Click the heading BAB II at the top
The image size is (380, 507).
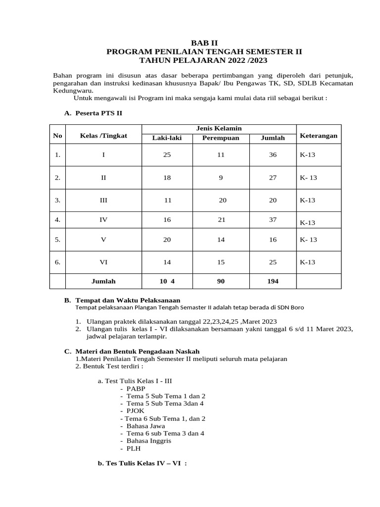click(x=204, y=43)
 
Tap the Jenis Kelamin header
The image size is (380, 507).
click(x=219, y=129)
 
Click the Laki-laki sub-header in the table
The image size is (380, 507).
click(x=167, y=138)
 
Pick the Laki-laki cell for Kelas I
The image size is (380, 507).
click(x=167, y=155)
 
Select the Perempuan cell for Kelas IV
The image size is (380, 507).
click(x=221, y=220)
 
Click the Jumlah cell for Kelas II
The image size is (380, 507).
click(x=273, y=178)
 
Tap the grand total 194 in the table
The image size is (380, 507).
click(x=273, y=281)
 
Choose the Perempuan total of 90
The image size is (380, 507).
click(x=221, y=281)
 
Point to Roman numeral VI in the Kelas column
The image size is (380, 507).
click(x=103, y=262)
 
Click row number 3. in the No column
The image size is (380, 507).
click(x=58, y=201)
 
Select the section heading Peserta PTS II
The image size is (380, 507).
click(x=98, y=113)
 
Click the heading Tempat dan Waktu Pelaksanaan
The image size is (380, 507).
click(x=128, y=300)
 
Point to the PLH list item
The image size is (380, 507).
click(x=134, y=448)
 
